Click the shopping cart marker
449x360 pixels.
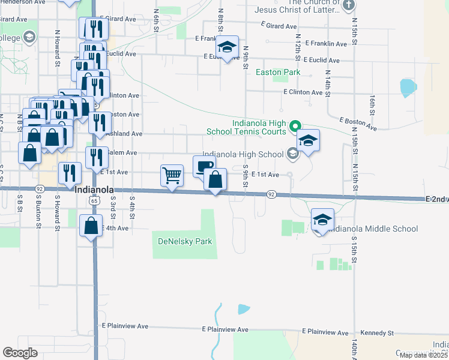[x=172, y=176]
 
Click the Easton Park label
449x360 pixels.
[x=277, y=72]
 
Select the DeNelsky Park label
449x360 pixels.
[x=185, y=241]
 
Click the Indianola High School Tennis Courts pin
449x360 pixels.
[x=295, y=127]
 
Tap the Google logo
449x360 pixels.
[x=20, y=353]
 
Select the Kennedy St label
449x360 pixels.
[x=376, y=332]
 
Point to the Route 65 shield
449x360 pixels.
[x=95, y=202]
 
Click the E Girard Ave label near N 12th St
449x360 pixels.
[x=280, y=26]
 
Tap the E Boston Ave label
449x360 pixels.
[x=358, y=124]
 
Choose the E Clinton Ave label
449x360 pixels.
[x=303, y=92]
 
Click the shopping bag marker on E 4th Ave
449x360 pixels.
[x=91, y=226]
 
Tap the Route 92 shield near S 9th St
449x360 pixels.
[x=271, y=194]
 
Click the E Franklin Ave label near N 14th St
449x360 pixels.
[x=326, y=44]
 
